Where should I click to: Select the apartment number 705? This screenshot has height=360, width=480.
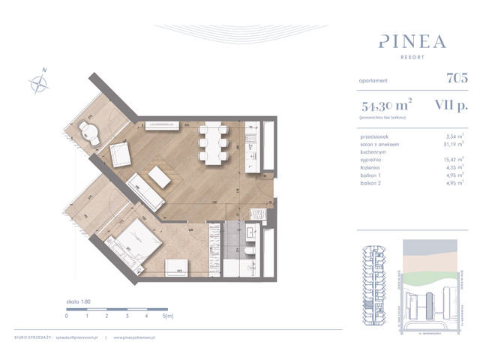coord(456,76)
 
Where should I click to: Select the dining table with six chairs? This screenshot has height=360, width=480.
coord(212,142)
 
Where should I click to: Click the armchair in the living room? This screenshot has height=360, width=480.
coord(121,155)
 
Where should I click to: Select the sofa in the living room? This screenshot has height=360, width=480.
coord(143,192)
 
